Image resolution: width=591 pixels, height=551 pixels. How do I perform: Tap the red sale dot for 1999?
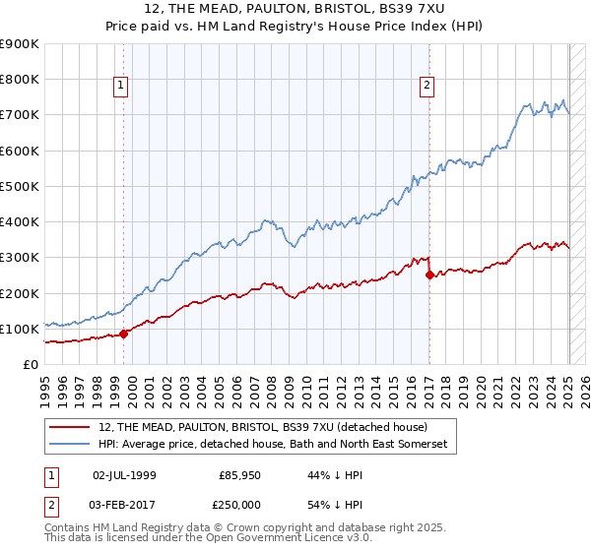[123, 334]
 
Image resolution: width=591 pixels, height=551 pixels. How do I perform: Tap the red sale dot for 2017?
[429, 275]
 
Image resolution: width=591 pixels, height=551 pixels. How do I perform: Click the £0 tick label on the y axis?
[32, 365]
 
